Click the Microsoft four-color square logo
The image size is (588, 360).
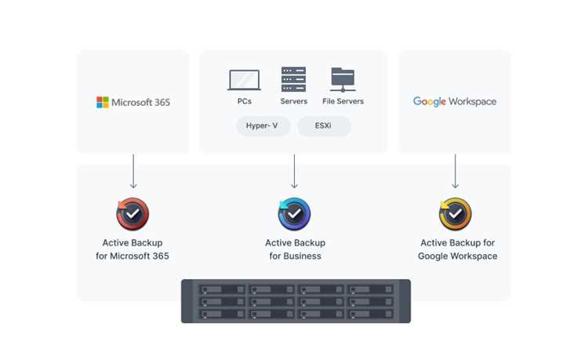103,102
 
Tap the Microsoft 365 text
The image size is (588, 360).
140,103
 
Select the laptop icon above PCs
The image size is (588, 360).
244,80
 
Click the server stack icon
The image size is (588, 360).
294,79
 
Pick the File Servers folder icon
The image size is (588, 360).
343,79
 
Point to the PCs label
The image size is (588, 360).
245,101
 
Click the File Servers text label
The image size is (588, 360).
343,101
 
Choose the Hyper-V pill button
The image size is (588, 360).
263,126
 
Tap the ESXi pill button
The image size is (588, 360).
324,126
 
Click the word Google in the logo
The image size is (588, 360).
430,102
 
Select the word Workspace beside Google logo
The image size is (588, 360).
473,102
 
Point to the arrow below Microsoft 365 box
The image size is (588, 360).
133,171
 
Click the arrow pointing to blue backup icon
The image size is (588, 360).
294,171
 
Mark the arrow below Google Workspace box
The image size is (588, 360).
456,171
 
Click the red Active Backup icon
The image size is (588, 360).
132,214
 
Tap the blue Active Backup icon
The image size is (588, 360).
294,214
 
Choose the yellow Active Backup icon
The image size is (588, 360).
456,214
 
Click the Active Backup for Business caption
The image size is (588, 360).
295,249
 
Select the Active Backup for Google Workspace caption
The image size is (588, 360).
458,249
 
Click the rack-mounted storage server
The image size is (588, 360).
296,301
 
